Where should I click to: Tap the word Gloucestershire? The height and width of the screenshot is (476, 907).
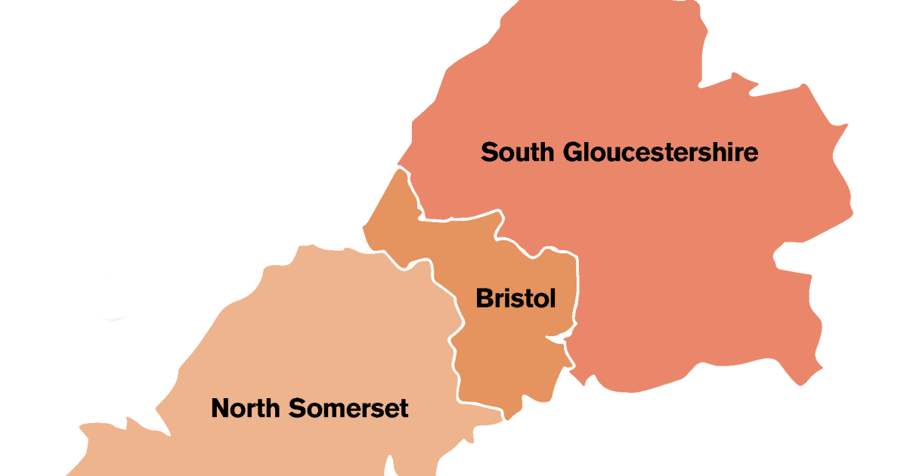661,153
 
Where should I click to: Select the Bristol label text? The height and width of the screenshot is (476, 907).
515,298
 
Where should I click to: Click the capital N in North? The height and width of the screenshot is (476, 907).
220,409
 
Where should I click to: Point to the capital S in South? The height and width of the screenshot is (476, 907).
490,153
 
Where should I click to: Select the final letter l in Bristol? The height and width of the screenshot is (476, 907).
553,298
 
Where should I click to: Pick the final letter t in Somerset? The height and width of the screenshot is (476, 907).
404,409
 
